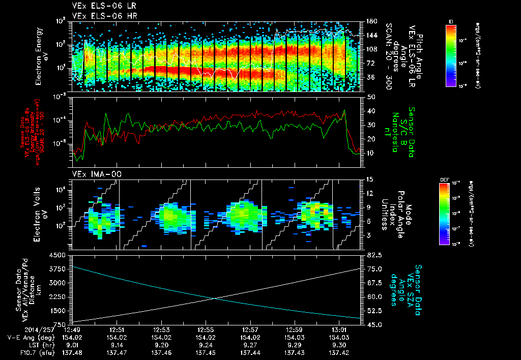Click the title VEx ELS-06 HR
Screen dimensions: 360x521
(100, 16)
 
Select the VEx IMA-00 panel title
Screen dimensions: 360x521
(94, 174)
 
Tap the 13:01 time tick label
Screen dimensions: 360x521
(339, 329)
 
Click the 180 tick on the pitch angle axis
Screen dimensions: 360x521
(370, 21)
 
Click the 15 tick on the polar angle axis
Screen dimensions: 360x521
(369, 179)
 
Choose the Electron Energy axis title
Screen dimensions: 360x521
(42, 56)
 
